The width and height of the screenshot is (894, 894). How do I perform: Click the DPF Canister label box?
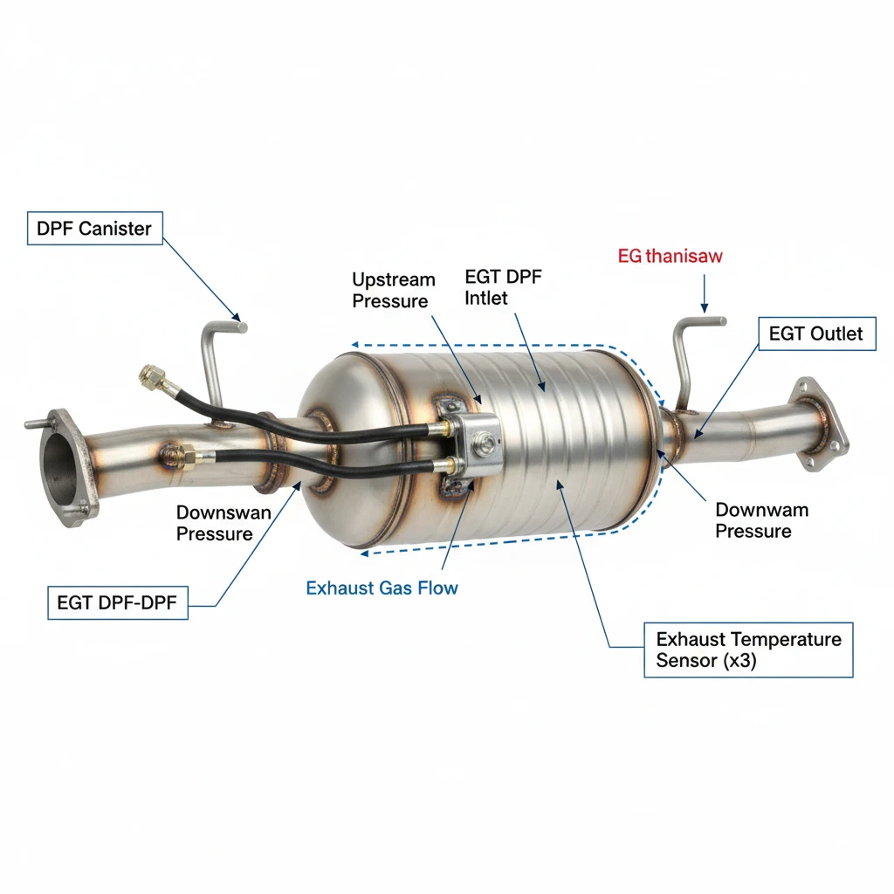[x=94, y=230]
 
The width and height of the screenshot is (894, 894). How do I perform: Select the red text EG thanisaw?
[x=670, y=256]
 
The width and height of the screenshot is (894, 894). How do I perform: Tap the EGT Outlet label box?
[x=815, y=333]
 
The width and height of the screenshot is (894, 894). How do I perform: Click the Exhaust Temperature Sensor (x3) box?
[x=748, y=650]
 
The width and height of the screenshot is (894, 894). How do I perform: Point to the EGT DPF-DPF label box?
[x=117, y=602]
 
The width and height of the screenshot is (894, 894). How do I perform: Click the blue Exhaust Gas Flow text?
[x=382, y=588]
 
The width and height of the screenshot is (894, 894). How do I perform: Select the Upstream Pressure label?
[x=393, y=291]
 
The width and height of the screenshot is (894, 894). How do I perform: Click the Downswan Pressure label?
[x=215, y=523]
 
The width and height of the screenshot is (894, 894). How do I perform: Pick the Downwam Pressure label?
[x=761, y=520]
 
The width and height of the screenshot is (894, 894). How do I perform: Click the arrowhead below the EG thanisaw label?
[x=704, y=308]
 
